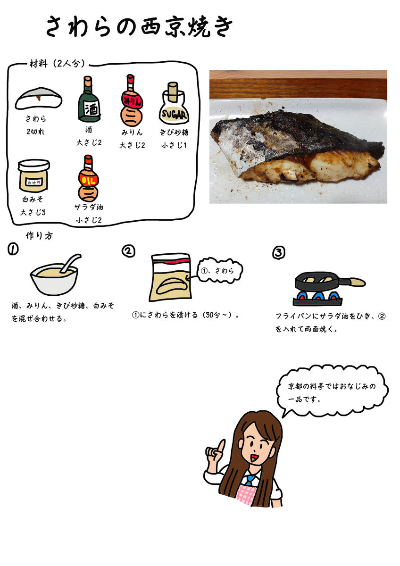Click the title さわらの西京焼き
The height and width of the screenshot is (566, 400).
coord(139,27)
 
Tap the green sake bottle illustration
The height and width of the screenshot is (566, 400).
coord(88,100)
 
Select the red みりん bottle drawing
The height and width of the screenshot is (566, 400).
coord(131,100)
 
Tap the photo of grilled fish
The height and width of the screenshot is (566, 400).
coord(298,137)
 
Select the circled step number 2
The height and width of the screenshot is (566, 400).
coord(128,251)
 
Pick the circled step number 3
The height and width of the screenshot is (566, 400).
coord(279,253)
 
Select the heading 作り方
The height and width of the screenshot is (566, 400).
coord(39,236)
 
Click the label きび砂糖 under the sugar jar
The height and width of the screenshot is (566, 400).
coord(175,133)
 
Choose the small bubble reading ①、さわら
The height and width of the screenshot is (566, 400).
coord(217,270)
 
